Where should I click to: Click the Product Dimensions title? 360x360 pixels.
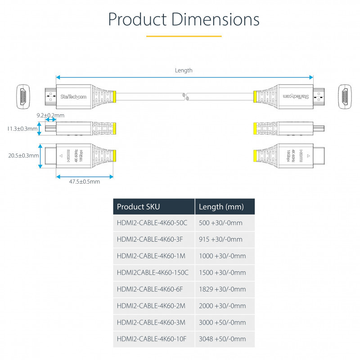pyautogui.click(x=184, y=20)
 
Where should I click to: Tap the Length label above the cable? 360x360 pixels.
pyautogui.click(x=184, y=70)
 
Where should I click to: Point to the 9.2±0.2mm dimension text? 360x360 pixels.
pyautogui.click(x=50, y=116)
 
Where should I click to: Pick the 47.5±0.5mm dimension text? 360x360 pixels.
pyautogui.click(x=85, y=181)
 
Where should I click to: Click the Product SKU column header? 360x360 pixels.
pyautogui.click(x=138, y=207)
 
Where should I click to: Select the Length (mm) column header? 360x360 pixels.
pyautogui.click(x=221, y=207)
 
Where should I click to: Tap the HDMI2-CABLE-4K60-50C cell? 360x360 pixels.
pyautogui.click(x=152, y=223)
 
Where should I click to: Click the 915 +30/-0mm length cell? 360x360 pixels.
pyautogui.click(x=220, y=239)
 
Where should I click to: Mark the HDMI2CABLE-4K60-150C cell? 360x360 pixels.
pyautogui.click(x=152, y=273)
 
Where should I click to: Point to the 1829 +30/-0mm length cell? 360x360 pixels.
pyautogui.click(x=222, y=289)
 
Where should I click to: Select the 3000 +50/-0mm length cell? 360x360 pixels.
pyautogui.click(x=222, y=322)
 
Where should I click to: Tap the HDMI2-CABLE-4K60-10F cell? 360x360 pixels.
pyautogui.click(x=150, y=339)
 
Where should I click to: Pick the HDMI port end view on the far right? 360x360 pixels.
pyautogui.click(x=345, y=96)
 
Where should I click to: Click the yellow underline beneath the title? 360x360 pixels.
pyautogui.click(x=184, y=36)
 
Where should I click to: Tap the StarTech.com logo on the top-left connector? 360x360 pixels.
pyautogui.click(x=73, y=96)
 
